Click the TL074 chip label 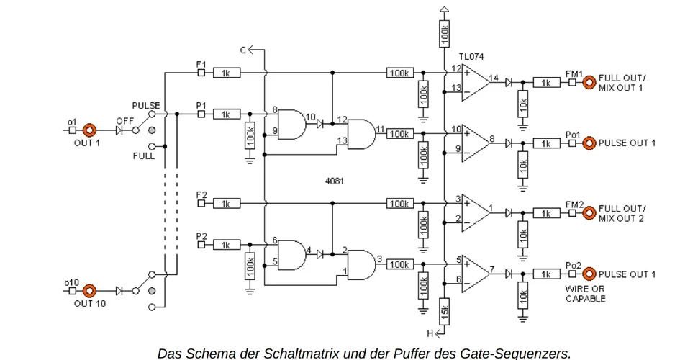tap(473, 55)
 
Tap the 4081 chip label tap(334, 181)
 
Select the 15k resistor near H tap(445, 310)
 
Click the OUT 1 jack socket tap(89, 131)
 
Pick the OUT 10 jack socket tap(89, 290)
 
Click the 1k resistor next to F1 tap(226, 73)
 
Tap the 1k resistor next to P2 tap(226, 246)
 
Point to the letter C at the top tap(243, 50)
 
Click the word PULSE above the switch tap(146, 105)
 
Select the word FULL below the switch tap(143, 156)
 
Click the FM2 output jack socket tap(589, 212)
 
